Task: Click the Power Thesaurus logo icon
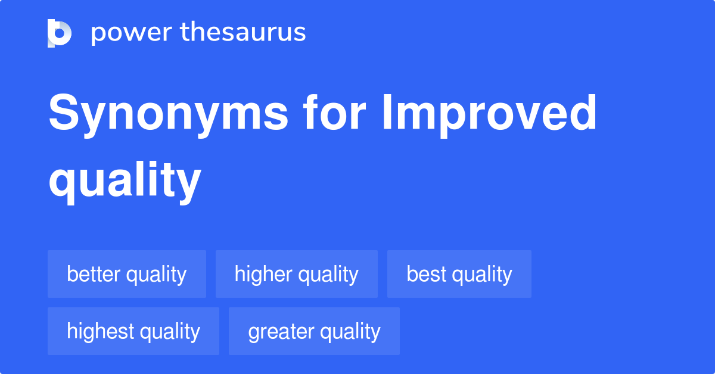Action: coord(60,33)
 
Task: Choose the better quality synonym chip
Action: coord(127,274)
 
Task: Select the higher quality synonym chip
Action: coord(296,274)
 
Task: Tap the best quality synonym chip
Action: coord(459,274)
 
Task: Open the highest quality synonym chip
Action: coord(133,331)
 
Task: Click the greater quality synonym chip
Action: coord(314,331)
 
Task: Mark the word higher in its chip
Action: coord(263,274)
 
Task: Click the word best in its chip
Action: coord(425,274)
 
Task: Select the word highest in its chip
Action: coord(99,331)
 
